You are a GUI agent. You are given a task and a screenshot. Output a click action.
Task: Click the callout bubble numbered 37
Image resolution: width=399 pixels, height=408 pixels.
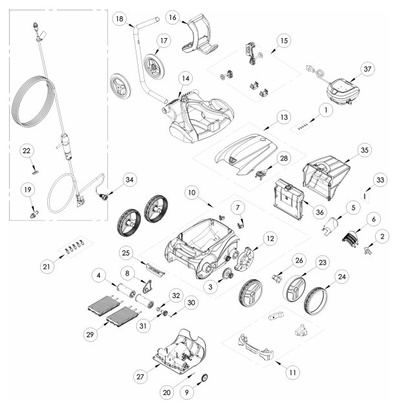(x=367, y=69)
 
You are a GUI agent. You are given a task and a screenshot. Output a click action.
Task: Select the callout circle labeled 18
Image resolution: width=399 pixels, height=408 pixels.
(x=120, y=19)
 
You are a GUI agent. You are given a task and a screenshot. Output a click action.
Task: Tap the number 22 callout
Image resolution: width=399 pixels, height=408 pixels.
(x=27, y=151)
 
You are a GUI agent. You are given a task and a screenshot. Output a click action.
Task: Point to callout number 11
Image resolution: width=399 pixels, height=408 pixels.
(x=292, y=372)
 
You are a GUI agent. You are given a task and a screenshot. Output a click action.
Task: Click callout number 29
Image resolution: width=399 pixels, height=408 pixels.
(x=90, y=334)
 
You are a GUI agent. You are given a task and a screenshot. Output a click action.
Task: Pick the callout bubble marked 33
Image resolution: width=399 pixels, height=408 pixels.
(x=380, y=180)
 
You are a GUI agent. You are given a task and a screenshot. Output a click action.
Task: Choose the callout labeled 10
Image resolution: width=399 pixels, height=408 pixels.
(x=191, y=193)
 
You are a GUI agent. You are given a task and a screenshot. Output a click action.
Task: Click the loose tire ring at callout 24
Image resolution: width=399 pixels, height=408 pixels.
(x=316, y=300)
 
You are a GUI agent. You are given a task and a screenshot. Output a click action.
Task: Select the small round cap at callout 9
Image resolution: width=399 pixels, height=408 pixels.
(x=205, y=378)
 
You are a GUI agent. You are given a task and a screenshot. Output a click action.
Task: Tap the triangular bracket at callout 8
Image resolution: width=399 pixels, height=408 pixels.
(x=147, y=286)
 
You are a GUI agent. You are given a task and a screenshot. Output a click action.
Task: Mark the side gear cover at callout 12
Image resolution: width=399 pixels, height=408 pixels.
(x=245, y=259)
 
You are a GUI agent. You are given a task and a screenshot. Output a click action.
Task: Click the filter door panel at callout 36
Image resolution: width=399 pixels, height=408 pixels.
(x=288, y=199)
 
